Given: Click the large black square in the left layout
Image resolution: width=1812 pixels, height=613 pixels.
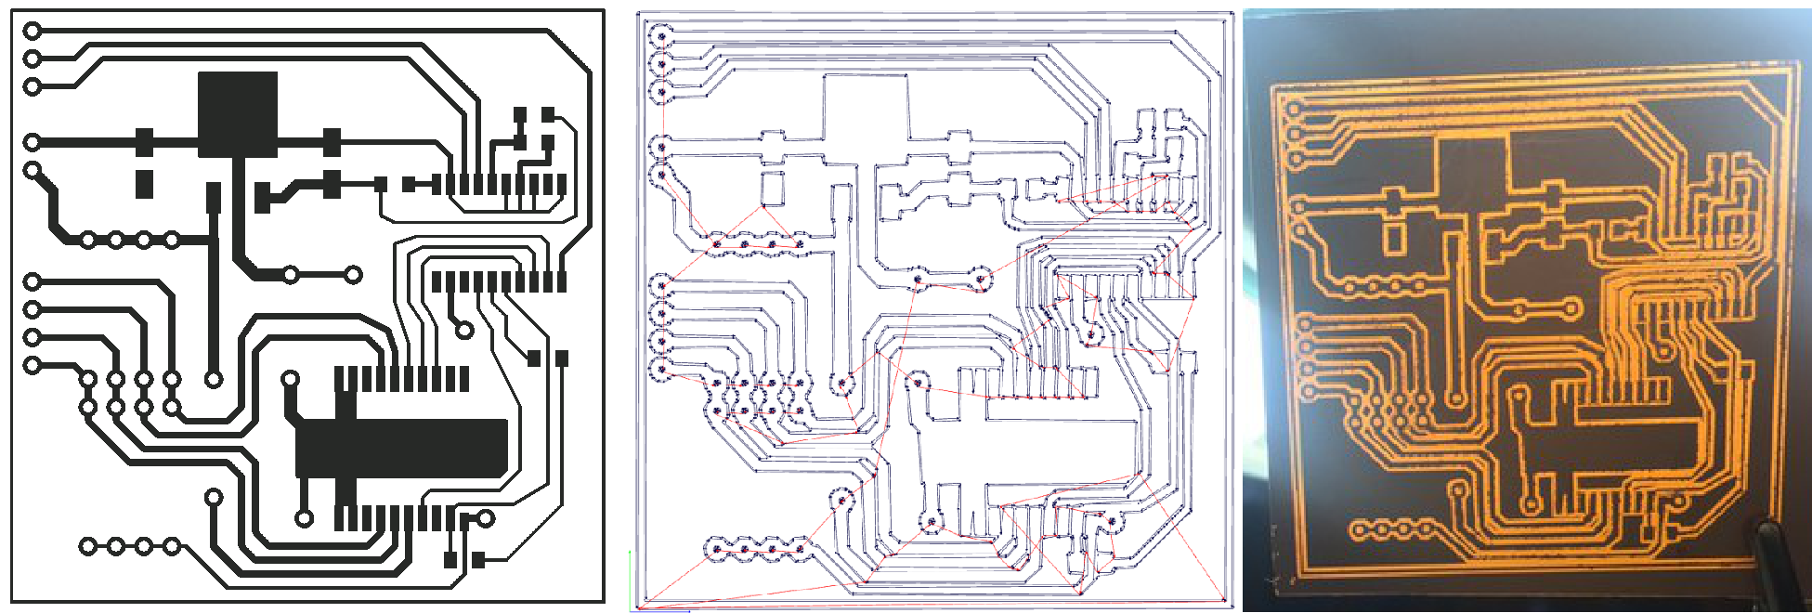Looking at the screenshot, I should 238,113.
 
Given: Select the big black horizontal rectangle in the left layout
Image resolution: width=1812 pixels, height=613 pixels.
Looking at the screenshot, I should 401,448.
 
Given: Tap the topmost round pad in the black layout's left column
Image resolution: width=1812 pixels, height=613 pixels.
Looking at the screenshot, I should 33,31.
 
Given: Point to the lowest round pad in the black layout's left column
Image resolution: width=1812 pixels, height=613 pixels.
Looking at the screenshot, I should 33,365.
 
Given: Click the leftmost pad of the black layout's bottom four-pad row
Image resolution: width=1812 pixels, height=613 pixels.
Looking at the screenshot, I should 87,546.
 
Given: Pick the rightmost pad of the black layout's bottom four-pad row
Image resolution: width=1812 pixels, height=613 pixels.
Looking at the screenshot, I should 172,546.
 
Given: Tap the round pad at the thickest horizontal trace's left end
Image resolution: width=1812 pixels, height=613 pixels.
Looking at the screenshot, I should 33,142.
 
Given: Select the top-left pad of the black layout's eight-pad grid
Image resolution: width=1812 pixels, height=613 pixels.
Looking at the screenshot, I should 87,379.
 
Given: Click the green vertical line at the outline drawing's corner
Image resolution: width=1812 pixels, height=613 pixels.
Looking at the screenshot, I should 631,580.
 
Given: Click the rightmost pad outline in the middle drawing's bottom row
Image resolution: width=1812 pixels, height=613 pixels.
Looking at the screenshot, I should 800,549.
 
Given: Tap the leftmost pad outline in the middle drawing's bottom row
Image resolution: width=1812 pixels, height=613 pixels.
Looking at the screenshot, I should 716,549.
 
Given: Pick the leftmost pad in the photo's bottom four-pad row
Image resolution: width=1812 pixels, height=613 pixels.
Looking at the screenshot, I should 1357,532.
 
